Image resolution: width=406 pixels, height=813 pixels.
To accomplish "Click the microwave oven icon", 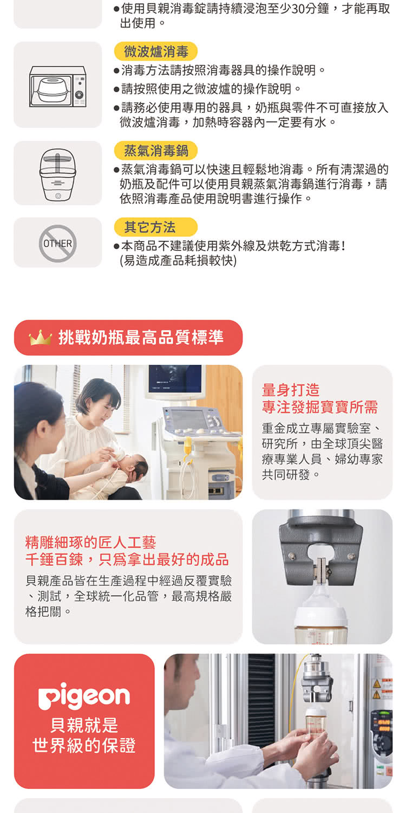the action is (x=57, y=86).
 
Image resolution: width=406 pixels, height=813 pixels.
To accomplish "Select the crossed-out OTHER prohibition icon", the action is (x=57, y=243).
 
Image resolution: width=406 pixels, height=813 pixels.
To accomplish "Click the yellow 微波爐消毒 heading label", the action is (x=156, y=51).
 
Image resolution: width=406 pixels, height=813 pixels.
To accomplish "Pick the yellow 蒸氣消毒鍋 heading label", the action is (x=156, y=150).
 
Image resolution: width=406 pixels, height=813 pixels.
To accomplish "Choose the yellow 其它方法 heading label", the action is (x=156, y=227).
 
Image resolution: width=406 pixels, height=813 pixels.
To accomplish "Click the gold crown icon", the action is (x=40, y=338).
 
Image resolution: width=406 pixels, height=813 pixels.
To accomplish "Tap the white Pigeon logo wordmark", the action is (x=84, y=695).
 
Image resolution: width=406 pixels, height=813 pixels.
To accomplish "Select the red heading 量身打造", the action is (x=290, y=390).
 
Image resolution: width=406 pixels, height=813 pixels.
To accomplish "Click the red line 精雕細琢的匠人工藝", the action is (x=90, y=542).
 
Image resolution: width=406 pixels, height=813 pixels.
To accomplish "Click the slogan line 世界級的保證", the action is (x=84, y=745).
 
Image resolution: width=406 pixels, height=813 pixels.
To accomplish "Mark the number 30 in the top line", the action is (x=298, y=8).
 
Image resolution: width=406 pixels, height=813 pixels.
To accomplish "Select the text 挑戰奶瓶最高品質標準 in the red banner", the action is (x=141, y=338).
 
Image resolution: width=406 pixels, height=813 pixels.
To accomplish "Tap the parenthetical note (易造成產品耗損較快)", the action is (x=178, y=261).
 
